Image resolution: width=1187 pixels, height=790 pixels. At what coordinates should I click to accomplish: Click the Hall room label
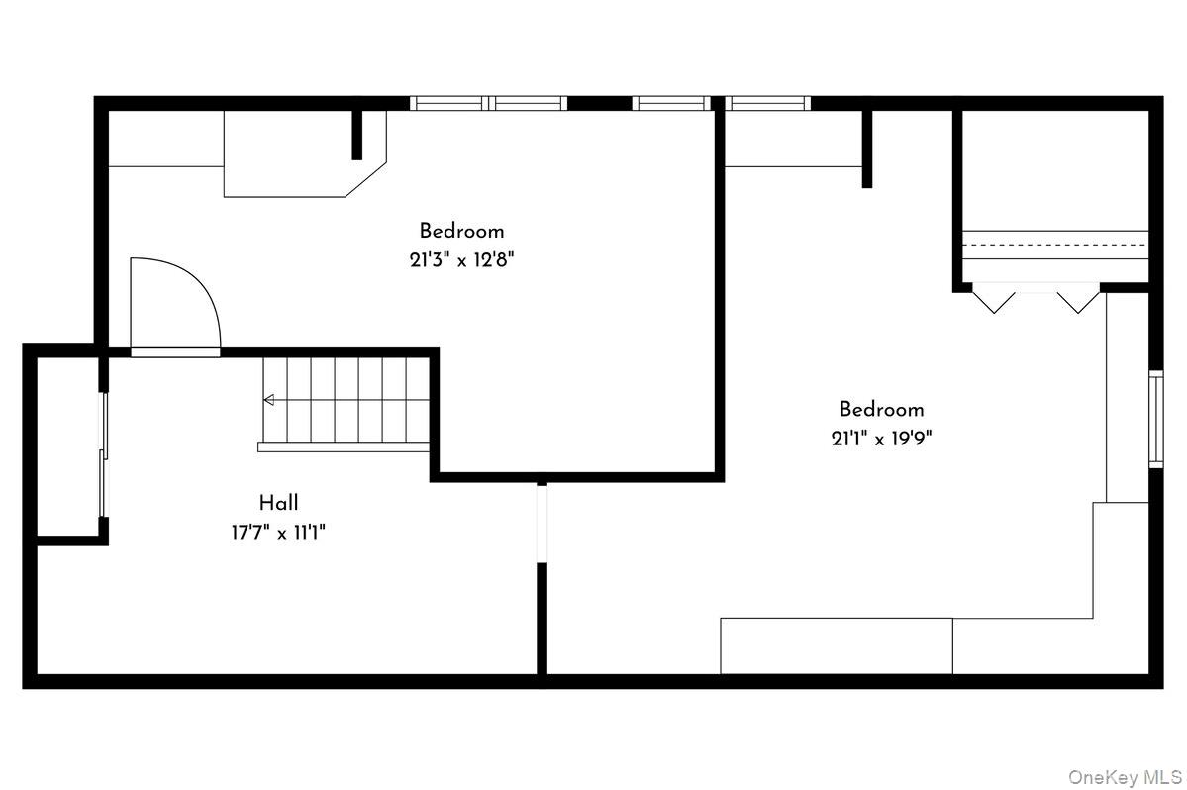coord(279,503)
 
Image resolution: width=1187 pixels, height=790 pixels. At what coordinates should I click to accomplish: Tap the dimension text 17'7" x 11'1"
coord(279,533)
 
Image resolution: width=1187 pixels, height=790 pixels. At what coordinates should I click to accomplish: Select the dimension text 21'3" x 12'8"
coord(461,260)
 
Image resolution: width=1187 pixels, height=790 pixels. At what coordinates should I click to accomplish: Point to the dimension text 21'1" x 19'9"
coord(881,439)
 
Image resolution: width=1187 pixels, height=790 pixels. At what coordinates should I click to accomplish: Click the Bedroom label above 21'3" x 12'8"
coord(461,232)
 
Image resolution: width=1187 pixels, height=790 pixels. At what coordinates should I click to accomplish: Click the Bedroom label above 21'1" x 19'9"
coord(881,409)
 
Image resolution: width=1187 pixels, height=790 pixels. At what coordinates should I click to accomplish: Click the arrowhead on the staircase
coord(268,400)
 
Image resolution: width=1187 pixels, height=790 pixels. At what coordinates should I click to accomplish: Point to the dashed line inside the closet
coord(1055,244)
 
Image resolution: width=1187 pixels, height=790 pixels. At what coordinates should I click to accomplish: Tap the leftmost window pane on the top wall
coord(448,103)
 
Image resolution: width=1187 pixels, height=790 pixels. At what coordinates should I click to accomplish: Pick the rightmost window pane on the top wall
coord(769,103)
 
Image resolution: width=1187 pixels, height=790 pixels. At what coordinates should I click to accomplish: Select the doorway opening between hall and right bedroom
coord(542,524)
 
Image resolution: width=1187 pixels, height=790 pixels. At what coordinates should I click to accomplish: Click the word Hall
coord(279,503)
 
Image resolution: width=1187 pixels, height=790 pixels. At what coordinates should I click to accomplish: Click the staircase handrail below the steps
coord(344,446)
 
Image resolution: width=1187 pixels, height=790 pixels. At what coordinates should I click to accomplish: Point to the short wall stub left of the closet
coord(866,148)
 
